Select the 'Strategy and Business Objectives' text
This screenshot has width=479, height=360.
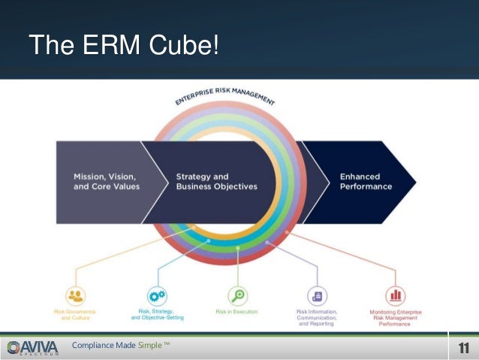click(x=216, y=181)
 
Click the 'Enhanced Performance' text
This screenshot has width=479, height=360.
click(x=366, y=181)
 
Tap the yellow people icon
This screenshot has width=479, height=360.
click(x=75, y=295)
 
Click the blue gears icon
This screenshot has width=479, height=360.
click(x=157, y=295)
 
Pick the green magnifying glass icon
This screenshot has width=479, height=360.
click(x=238, y=295)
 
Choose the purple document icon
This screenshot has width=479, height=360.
click(x=317, y=295)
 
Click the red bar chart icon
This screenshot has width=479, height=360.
click(x=395, y=295)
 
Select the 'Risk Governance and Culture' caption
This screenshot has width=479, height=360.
click(x=75, y=314)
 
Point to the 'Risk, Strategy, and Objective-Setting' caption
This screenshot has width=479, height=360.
click(x=157, y=314)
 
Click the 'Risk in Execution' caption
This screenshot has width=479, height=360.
click(x=236, y=311)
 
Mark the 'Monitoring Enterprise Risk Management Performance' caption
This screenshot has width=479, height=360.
click(x=395, y=318)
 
